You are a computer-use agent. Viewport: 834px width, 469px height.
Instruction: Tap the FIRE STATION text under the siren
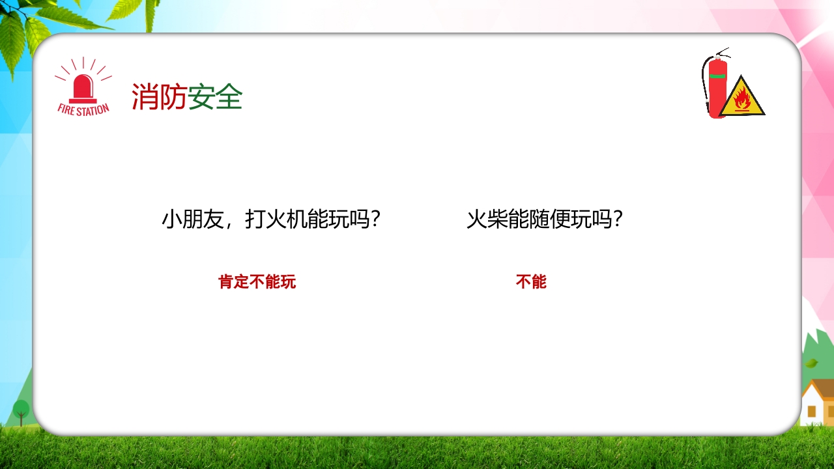(83, 109)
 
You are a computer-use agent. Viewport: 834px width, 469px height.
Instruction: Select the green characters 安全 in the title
(216, 97)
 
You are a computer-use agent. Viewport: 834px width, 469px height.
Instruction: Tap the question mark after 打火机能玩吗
(374, 220)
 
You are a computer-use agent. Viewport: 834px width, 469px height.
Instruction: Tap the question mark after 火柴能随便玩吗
(617, 220)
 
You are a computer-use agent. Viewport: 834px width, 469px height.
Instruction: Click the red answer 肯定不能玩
(257, 282)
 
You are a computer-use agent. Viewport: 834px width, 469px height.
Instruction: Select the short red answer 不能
(531, 282)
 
